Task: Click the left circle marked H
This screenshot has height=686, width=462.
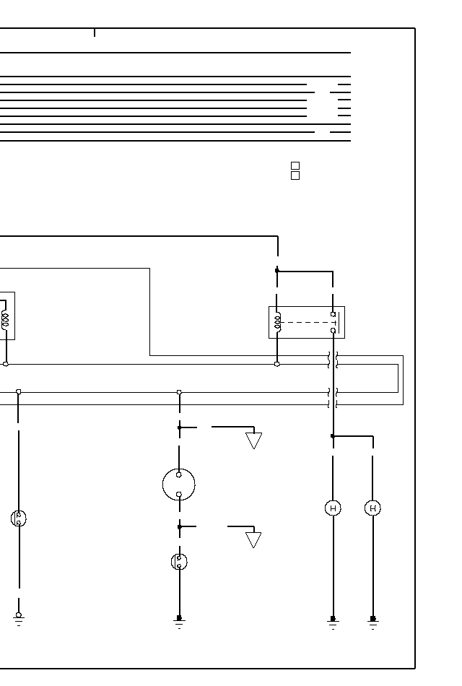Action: (333, 508)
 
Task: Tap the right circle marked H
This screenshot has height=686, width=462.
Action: (372, 508)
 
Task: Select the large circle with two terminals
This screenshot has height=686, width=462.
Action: (179, 485)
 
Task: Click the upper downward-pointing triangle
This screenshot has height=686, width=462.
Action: (253, 440)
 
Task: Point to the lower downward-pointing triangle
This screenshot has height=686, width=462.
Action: (253, 540)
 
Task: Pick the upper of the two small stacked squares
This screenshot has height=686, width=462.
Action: (295, 166)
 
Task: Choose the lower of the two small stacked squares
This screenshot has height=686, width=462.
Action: (295, 175)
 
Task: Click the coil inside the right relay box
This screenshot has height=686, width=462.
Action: (277, 323)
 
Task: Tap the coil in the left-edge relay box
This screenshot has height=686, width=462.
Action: (6, 321)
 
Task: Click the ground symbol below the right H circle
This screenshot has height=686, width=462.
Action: (372, 621)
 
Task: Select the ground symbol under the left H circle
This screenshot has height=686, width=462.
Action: (333, 621)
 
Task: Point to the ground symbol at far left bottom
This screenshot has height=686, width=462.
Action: (19, 618)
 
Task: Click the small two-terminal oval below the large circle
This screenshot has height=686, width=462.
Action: (179, 561)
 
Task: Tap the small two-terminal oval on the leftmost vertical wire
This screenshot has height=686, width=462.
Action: (19, 518)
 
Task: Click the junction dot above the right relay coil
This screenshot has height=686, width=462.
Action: (277, 271)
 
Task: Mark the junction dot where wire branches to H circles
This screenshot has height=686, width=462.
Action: (333, 436)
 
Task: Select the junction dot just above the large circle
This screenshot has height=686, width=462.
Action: (179, 427)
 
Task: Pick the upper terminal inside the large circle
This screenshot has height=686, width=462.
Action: (179, 474)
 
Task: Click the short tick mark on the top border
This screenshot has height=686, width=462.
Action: (95, 32)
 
